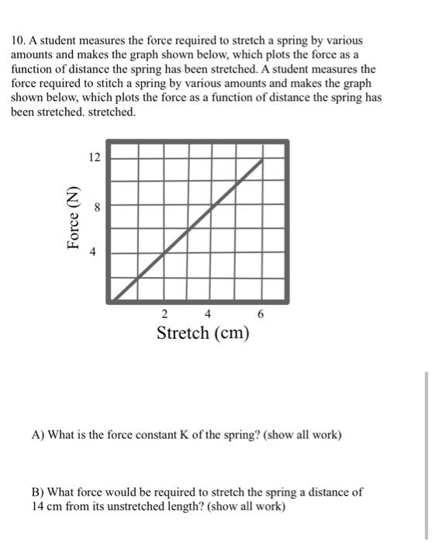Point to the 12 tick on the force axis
pos(95,157)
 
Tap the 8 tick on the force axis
pos(95,207)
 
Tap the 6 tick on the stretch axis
pos(261,314)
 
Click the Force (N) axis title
pos(74,218)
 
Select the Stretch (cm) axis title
pos(203,334)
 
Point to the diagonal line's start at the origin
pos(114,298)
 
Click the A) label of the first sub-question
pos(38,435)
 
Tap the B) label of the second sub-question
pos(38,493)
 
